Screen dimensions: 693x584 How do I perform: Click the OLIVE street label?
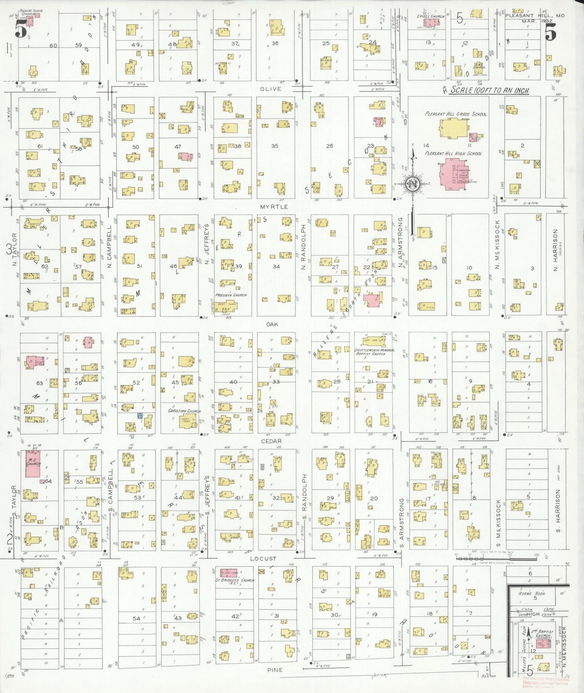(270, 89)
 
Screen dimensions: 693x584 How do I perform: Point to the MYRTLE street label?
(274, 207)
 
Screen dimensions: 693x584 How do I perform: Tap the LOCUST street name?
(263, 558)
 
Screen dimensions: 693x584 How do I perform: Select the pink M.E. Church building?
(33, 463)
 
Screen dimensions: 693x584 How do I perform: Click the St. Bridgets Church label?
(235, 580)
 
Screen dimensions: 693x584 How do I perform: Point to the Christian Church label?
(184, 411)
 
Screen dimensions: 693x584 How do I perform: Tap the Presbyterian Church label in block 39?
(231, 295)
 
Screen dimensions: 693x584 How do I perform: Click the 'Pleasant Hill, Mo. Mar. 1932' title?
(535, 18)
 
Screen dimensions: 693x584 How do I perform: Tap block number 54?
(136, 618)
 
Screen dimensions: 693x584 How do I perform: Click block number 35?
(274, 146)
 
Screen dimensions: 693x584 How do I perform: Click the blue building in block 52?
(140, 415)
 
